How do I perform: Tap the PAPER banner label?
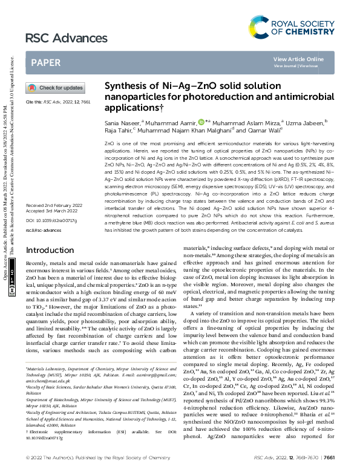45,62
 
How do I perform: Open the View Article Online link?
298,59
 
